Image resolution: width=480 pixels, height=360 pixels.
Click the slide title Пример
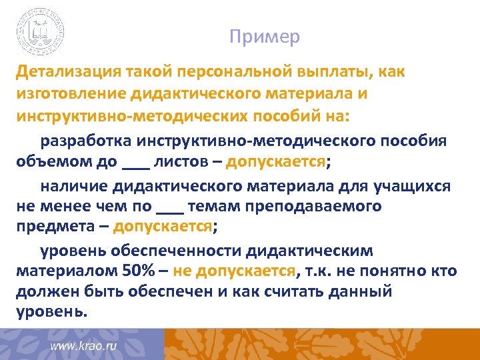pyautogui.click(x=265, y=37)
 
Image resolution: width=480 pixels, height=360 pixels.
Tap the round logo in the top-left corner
pyautogui.click(x=41, y=31)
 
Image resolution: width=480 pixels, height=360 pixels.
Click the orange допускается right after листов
pyautogui.click(x=275, y=161)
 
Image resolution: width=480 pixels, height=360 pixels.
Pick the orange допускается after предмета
pyautogui.click(x=162, y=226)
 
